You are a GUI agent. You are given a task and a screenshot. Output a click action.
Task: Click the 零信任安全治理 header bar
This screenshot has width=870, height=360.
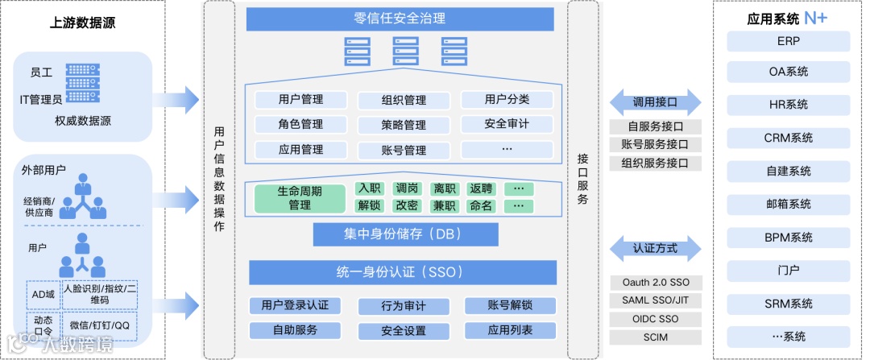tap(400, 19)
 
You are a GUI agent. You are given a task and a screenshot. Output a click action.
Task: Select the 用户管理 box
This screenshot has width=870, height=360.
tap(300, 100)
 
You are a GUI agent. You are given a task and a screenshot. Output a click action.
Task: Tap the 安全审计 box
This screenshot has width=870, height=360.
tap(507, 124)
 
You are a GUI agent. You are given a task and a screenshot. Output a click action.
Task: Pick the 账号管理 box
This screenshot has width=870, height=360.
tap(404, 150)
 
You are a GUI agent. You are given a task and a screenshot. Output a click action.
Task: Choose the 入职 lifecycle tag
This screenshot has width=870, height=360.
tap(370, 189)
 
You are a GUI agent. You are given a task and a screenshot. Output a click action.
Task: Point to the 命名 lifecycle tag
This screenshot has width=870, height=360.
tap(481, 206)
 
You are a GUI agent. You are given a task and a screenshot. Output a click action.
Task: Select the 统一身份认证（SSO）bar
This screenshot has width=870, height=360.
tap(400, 272)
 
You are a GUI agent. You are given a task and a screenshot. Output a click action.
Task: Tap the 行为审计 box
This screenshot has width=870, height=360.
tap(404, 306)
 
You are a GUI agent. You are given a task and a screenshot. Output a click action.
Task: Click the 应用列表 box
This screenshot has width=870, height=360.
tap(510, 330)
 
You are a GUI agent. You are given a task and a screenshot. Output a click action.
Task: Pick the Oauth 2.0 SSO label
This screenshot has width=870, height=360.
tap(655, 283)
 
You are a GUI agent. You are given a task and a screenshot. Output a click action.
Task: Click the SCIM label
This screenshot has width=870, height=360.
tap(655, 337)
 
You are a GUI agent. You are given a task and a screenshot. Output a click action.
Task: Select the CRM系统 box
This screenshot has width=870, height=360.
tap(788, 138)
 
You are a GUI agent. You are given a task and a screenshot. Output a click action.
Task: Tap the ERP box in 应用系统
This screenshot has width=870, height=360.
tap(788, 41)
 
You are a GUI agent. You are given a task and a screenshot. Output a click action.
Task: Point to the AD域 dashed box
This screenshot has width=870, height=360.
tap(43, 295)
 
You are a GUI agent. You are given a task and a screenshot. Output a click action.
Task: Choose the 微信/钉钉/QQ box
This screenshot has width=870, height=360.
tap(99, 325)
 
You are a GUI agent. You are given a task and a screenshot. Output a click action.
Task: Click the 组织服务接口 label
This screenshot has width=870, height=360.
tap(655, 163)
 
